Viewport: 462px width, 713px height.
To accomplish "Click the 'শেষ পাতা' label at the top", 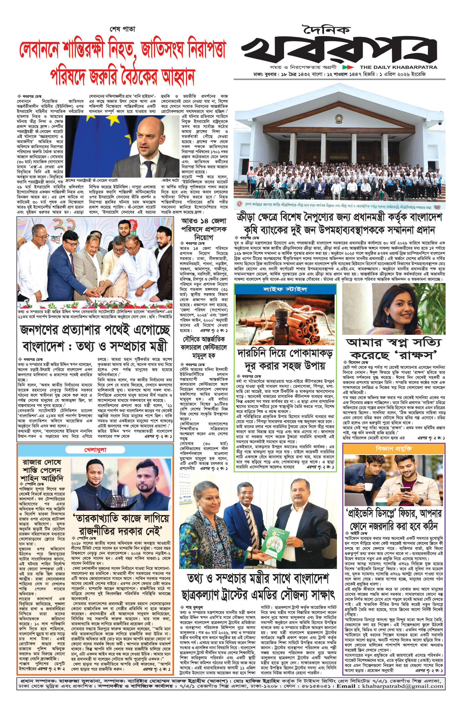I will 123,29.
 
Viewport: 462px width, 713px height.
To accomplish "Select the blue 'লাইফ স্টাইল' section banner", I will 285,289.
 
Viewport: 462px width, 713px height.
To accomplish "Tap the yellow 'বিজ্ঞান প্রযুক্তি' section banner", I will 394,449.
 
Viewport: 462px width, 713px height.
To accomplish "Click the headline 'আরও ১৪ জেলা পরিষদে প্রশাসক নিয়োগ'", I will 204,230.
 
